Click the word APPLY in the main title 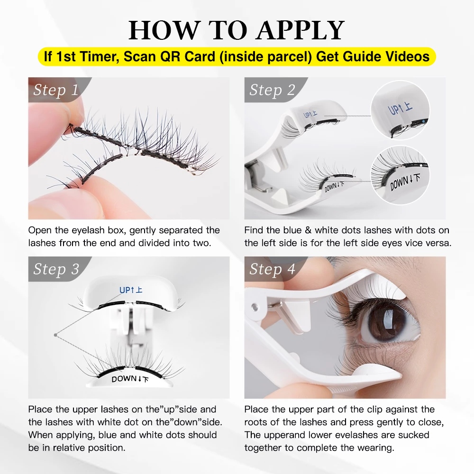pos(301,30)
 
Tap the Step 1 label pos(56,90)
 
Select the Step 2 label pos(272,90)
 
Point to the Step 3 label pos(56,269)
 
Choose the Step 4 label pos(272,269)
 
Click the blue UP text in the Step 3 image pos(125,290)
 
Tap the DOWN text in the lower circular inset pos(399,183)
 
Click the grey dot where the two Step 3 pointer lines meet pos(55,335)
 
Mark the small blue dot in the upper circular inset pos(423,121)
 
